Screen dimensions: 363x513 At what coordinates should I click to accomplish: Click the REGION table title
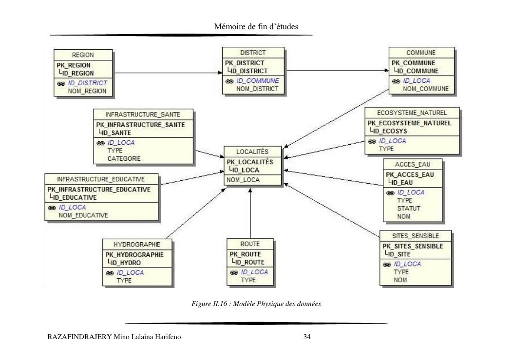coord(83,55)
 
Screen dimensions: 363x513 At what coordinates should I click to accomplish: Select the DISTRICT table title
coord(253,53)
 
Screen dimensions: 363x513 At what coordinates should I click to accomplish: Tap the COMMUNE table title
coord(421,53)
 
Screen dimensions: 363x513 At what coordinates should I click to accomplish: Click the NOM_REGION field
coord(87,91)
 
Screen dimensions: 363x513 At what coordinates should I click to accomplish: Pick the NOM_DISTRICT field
coord(257,89)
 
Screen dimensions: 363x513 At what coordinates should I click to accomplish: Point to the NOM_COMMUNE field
coord(426,89)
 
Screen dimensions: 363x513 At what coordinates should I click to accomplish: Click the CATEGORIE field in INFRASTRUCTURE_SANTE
coord(124,158)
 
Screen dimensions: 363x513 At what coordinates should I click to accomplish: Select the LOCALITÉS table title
coord(252,152)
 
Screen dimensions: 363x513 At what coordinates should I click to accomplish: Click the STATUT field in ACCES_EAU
coord(409,208)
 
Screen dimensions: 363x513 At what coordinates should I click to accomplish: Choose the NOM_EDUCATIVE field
coord(84,215)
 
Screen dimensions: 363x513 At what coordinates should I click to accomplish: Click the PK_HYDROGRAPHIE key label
coord(134,255)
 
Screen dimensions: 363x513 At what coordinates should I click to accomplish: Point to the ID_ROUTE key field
coord(251,262)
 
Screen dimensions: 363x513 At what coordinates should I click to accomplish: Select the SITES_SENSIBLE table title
coord(416,236)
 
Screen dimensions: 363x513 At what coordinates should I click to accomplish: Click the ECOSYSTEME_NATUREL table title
coord(412,113)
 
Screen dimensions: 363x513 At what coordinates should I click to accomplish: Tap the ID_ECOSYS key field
coord(390,131)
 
